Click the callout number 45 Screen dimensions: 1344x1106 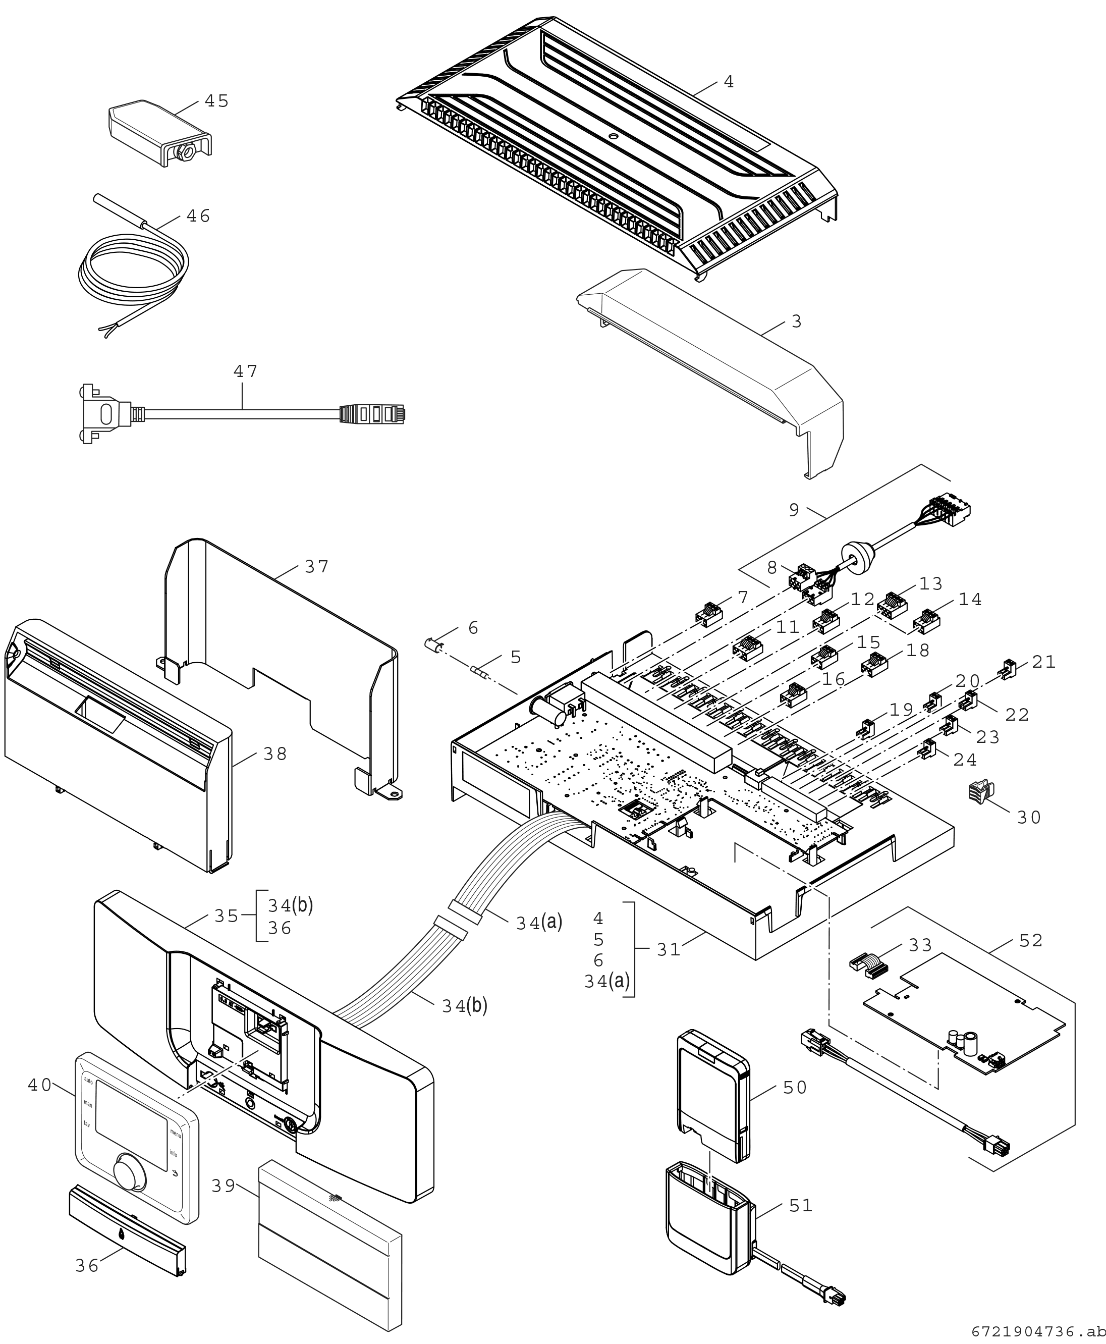pyautogui.click(x=216, y=101)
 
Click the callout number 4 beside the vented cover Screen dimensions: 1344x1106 pyautogui.click(x=729, y=82)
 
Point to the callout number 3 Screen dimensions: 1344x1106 pyautogui.click(x=796, y=322)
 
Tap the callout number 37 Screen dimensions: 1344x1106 pyautogui.click(x=317, y=567)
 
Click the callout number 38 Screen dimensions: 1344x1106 pyautogui.click(x=275, y=754)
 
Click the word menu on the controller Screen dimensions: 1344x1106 pyautogui.click(x=176, y=1135)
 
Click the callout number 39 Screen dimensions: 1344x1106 pyautogui.click(x=224, y=1186)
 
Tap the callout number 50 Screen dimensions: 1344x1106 pyautogui.click(x=795, y=1088)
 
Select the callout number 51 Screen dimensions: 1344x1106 pyautogui.click(x=801, y=1206)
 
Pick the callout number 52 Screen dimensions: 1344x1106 pyautogui.click(x=1031, y=941)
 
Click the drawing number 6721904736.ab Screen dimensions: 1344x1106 pyautogui.click(x=1038, y=1332)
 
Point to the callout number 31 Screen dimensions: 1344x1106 pyautogui.click(x=669, y=949)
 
